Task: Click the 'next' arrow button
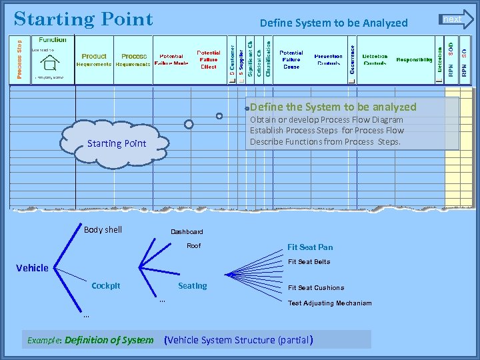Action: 456,19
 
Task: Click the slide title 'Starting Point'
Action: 83,19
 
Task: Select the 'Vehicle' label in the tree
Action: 32,268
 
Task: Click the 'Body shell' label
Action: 103,230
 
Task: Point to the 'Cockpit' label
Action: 106,286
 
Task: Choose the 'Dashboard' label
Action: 187,232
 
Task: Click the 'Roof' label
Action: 193,246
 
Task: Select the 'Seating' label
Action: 192,286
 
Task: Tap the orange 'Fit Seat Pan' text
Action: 310,247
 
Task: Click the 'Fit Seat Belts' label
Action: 309,262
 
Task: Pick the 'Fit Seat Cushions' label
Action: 316,288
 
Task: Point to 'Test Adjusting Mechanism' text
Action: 329,303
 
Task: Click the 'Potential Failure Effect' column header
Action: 208,60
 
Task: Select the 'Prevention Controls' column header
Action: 328,60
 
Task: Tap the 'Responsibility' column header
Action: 414,60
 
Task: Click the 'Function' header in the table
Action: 52,40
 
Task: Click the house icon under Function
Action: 49,63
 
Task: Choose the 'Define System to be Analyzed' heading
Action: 333,23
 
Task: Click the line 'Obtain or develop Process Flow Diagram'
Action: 326,120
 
